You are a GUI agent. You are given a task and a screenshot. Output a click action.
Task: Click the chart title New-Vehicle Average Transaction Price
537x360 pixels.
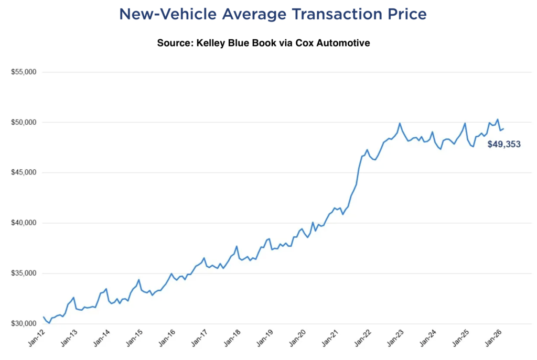[273, 14]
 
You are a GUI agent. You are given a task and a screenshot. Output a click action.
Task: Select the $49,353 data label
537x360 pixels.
[503, 144]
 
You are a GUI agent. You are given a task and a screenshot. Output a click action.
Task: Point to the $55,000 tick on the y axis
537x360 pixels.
[23, 72]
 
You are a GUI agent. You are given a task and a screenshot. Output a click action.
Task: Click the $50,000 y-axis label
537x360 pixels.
[23, 122]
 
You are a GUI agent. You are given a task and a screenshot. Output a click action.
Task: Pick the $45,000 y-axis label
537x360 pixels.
[23, 172]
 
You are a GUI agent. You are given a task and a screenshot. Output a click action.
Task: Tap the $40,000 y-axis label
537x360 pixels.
[23, 223]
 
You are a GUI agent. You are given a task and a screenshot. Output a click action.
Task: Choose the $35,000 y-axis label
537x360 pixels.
[23, 273]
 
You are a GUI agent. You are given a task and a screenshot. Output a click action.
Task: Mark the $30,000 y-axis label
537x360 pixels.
[23, 323]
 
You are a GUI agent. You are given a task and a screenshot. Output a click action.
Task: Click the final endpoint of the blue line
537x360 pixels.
[503, 128]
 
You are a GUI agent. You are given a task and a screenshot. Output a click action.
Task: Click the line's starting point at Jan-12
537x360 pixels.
[44, 317]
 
